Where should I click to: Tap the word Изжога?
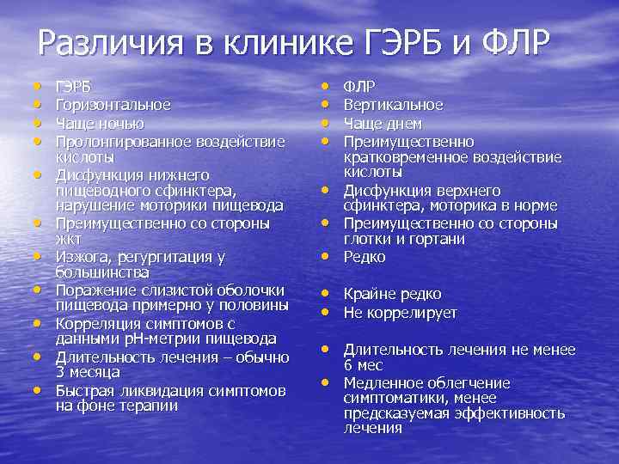coord(80,256)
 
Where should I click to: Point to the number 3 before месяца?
coord(60,372)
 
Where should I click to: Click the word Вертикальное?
coord(393,105)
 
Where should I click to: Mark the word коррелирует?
coord(413,313)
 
